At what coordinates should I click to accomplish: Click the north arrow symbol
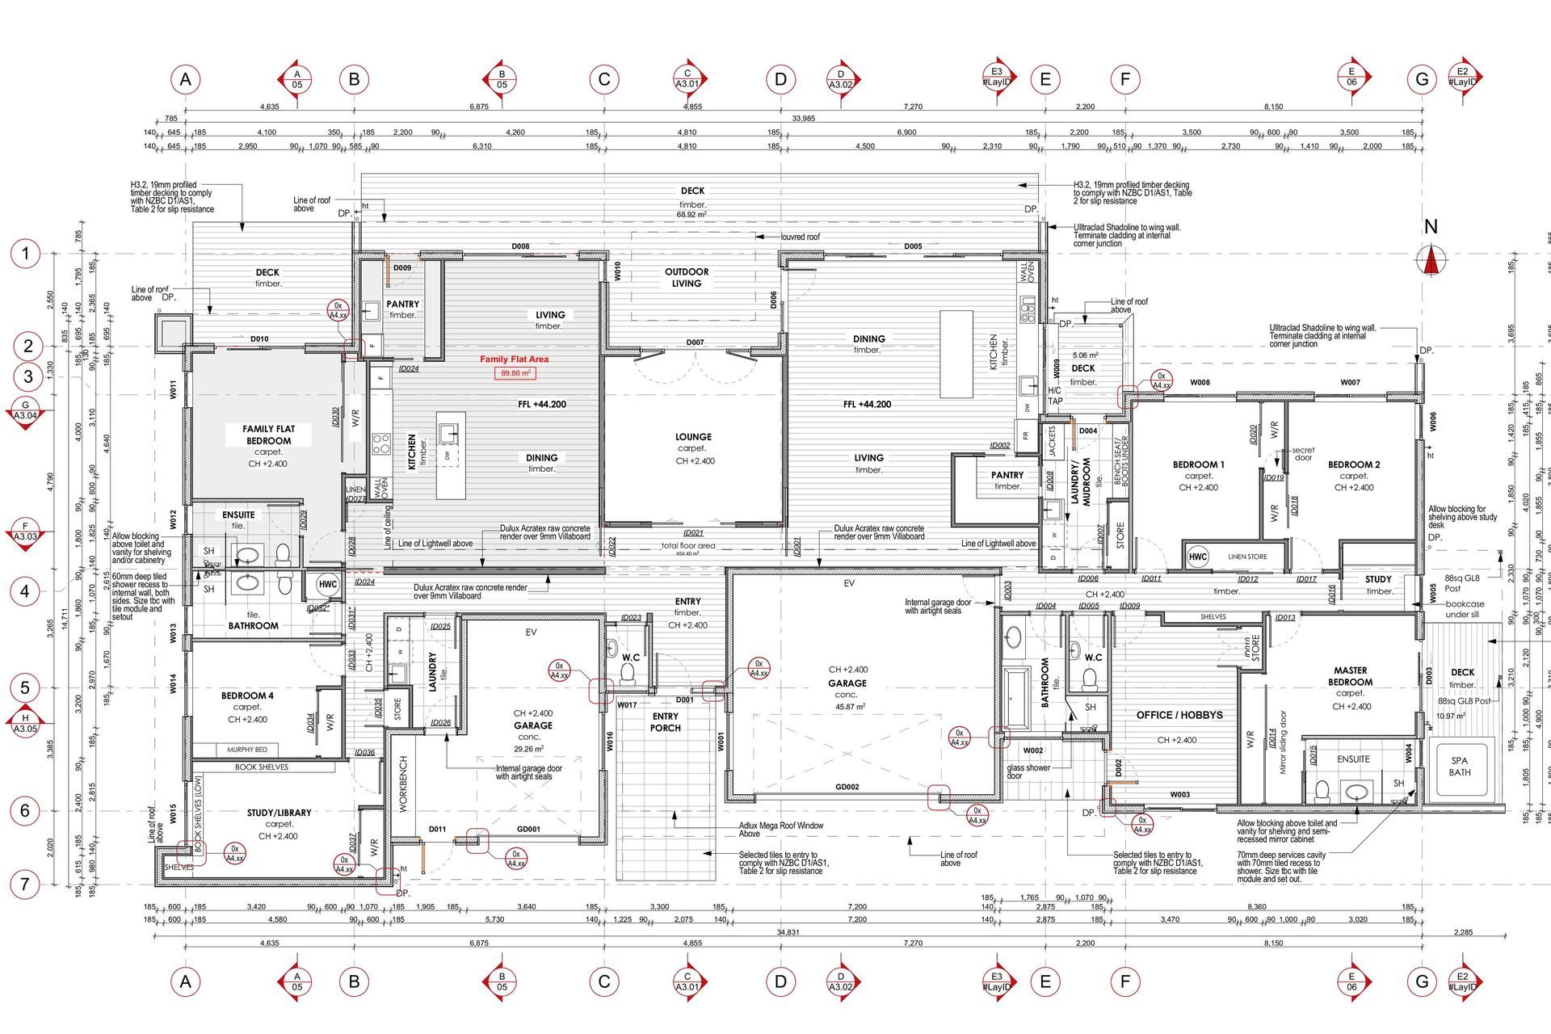(1431, 260)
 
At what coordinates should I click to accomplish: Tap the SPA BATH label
(1459, 767)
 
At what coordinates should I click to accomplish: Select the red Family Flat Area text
(514, 359)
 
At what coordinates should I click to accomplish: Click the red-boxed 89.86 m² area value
(515, 373)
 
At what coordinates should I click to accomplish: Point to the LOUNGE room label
(692, 437)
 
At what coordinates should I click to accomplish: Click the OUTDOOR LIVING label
(687, 277)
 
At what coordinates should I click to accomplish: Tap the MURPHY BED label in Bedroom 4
(246, 750)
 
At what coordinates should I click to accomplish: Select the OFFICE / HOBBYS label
(1179, 715)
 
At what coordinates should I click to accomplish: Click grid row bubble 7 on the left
(25, 884)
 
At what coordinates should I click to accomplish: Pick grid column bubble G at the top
(1422, 79)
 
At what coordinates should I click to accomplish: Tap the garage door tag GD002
(847, 787)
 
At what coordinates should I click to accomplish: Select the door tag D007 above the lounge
(695, 343)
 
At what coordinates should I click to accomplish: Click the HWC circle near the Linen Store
(1197, 557)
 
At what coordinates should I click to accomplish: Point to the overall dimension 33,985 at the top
(803, 119)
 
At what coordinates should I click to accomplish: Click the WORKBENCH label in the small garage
(404, 784)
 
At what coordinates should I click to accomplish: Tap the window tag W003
(1179, 795)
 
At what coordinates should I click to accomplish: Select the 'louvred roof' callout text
(800, 237)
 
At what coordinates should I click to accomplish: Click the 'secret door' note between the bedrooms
(1302, 453)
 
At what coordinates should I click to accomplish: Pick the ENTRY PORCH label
(666, 722)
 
